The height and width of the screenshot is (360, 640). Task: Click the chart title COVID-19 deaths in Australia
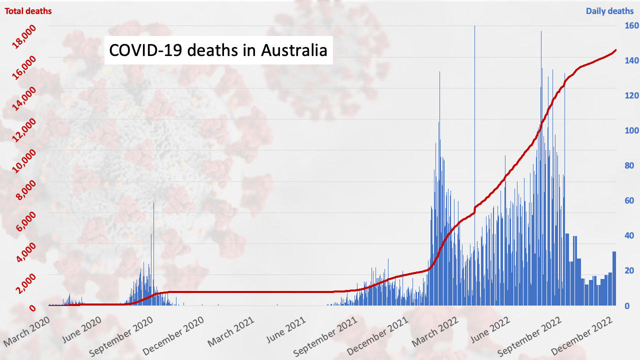(x=218, y=50)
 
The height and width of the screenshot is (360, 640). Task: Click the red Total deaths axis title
(x=28, y=10)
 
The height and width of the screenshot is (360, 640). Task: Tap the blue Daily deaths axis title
(x=609, y=11)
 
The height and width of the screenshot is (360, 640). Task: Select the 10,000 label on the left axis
(x=25, y=161)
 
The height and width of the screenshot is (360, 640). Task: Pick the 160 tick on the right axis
(x=628, y=25)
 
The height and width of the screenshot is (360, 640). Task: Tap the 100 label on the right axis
(x=628, y=130)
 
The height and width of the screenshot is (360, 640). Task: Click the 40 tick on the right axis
(x=626, y=235)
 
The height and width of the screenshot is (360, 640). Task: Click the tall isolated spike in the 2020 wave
(x=153, y=205)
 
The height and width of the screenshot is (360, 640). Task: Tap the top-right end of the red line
(x=615, y=50)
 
